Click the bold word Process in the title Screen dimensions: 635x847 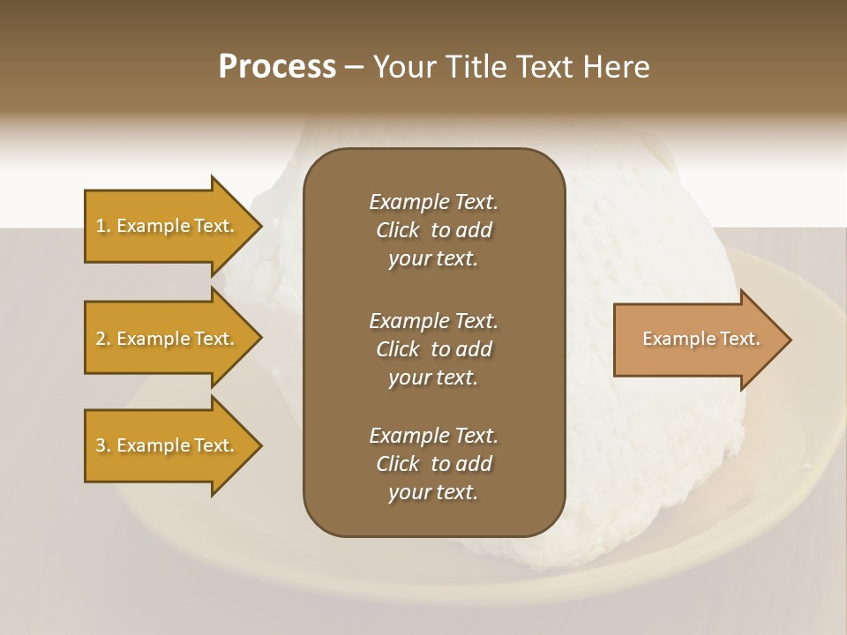(277, 67)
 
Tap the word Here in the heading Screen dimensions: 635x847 (615, 67)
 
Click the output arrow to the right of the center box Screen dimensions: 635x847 (697, 340)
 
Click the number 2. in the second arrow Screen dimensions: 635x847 (103, 339)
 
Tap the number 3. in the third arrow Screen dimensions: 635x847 (103, 445)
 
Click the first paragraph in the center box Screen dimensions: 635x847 (433, 230)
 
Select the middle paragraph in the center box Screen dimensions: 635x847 (433, 348)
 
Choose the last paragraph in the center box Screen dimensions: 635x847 (433, 464)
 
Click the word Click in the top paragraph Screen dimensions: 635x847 (398, 230)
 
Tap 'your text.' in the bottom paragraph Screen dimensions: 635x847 (433, 493)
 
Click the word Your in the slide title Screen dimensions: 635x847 (403, 67)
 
